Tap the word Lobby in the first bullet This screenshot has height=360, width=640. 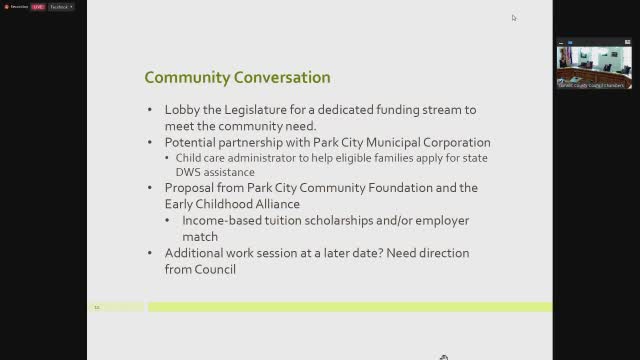(182, 110)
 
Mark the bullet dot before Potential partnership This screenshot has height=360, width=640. (151, 143)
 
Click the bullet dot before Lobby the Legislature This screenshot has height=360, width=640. (151, 110)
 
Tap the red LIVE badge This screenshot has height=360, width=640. (38, 6)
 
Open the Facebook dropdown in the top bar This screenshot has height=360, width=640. (62, 6)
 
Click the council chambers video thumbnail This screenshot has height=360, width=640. (594, 63)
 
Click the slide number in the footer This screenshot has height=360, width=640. (97, 307)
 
